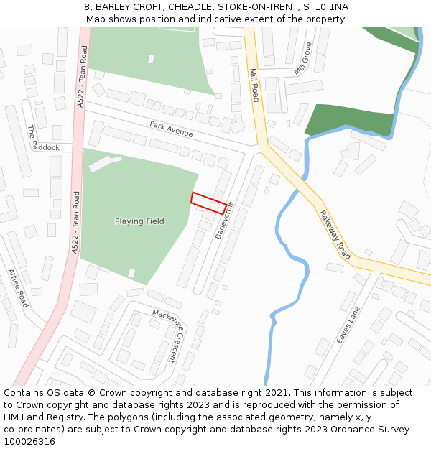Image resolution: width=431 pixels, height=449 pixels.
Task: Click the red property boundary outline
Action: [208, 203]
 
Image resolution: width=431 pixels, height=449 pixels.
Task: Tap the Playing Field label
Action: [139, 221]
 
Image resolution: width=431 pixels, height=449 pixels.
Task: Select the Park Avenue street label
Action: [171, 129]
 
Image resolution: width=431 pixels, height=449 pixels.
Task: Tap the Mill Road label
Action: [254, 85]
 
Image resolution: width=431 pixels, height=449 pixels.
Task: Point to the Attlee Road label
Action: [17, 288]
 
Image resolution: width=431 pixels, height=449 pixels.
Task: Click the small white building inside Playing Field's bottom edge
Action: [131, 273]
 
